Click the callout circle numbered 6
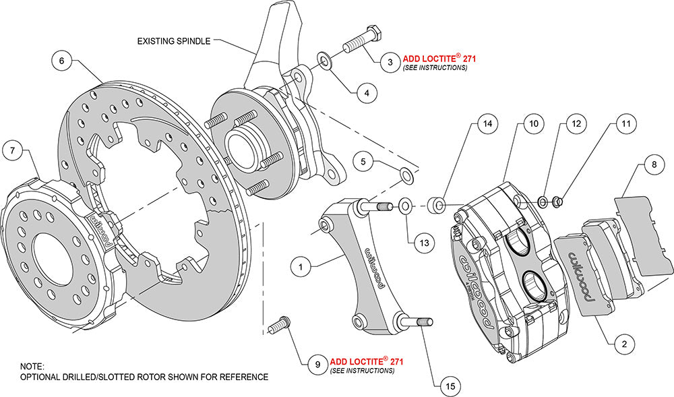coord(61,61)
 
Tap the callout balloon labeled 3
coord(389,63)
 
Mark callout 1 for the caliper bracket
coord(302,267)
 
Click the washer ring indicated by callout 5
coord(408,175)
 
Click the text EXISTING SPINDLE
coord(173,40)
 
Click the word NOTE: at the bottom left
coord(32,367)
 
